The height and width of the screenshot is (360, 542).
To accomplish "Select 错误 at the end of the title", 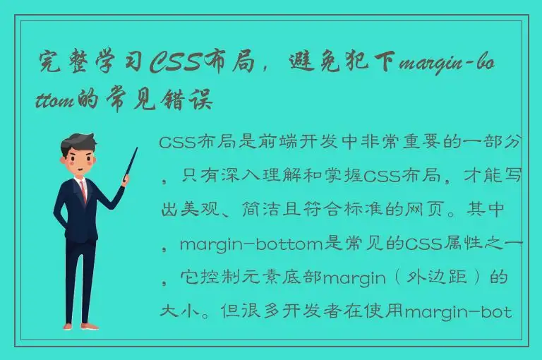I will (x=189, y=100).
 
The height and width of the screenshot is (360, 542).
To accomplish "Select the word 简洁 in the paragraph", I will (x=258, y=210).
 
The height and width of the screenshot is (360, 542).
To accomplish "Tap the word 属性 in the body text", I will (x=460, y=244).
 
